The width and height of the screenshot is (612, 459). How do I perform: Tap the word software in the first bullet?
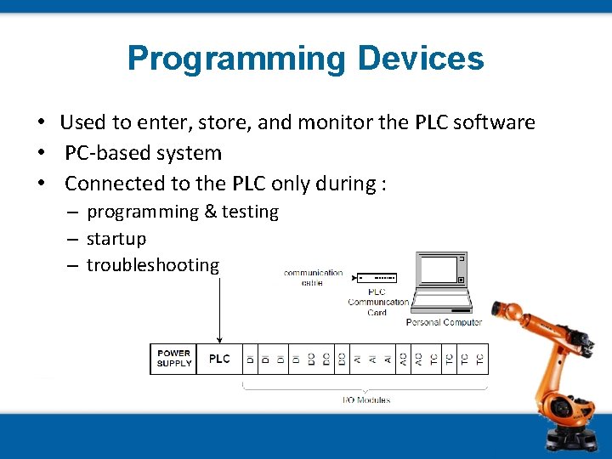point(494,122)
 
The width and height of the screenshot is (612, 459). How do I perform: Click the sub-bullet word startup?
point(116,239)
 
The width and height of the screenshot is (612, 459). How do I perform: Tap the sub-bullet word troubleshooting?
point(153,265)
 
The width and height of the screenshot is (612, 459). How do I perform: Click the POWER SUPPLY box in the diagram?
point(174,359)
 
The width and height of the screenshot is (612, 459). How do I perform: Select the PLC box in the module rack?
point(219,359)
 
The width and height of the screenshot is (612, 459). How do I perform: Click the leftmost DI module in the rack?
point(251,359)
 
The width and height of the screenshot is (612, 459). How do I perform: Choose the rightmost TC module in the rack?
point(480,359)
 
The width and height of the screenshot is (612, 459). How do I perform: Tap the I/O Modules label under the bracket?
point(365,399)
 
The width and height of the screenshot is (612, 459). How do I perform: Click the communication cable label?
point(313,277)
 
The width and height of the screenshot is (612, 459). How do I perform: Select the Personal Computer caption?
point(444,322)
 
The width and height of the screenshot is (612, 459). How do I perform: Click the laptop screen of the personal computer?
point(440,269)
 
